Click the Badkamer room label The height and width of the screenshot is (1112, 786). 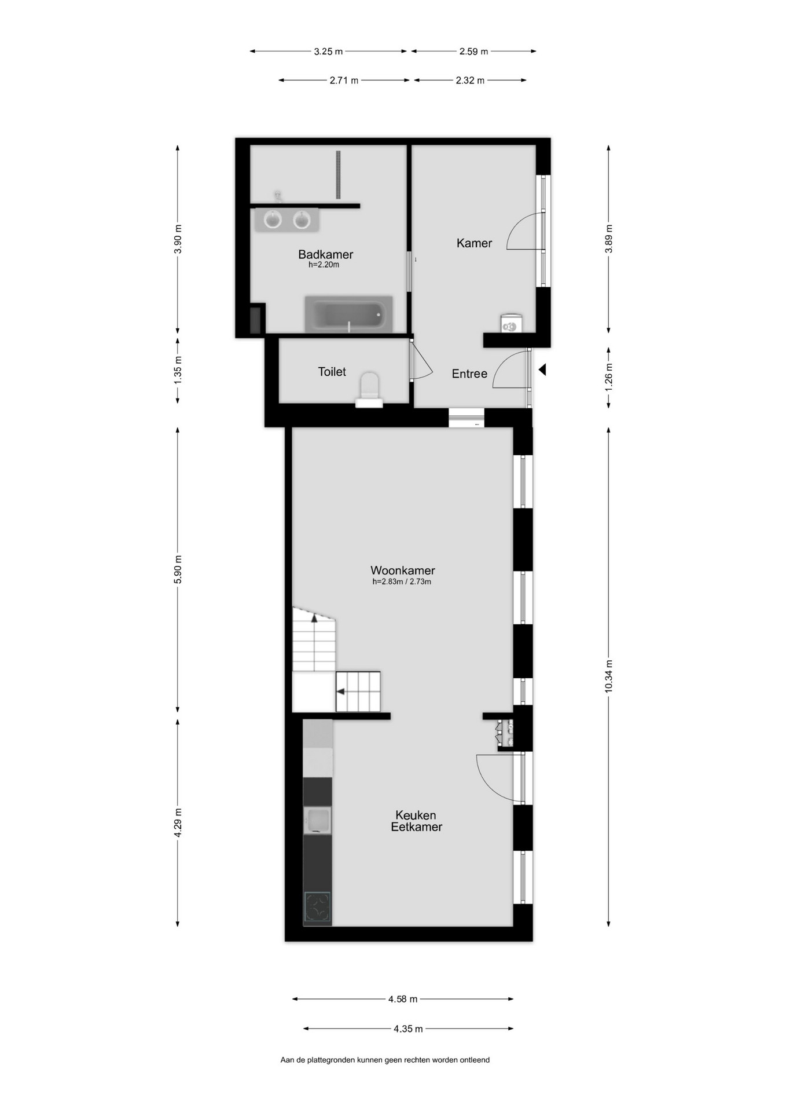point(325,254)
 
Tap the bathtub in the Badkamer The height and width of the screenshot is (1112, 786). point(349,314)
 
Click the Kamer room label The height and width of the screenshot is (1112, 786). point(474,243)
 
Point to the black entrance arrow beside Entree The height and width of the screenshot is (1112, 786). point(542,370)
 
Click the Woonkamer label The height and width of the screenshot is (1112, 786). point(403,570)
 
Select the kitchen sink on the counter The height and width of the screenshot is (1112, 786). point(317,821)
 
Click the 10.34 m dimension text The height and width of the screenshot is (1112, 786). point(608,676)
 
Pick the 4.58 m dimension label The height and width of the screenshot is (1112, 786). point(403,999)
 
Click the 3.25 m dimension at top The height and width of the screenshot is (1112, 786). point(328,52)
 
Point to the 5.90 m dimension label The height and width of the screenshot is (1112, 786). point(178,569)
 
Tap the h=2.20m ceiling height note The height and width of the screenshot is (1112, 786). point(324,265)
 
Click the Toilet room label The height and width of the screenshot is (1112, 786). point(332,372)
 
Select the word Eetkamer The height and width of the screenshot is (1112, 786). point(416,827)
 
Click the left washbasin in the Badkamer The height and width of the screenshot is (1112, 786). point(273,220)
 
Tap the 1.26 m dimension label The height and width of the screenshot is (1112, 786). point(608,376)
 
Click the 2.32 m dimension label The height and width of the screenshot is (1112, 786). point(469,81)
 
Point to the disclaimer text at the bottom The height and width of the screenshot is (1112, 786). point(385,1060)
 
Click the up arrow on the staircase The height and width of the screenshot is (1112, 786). point(314,618)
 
